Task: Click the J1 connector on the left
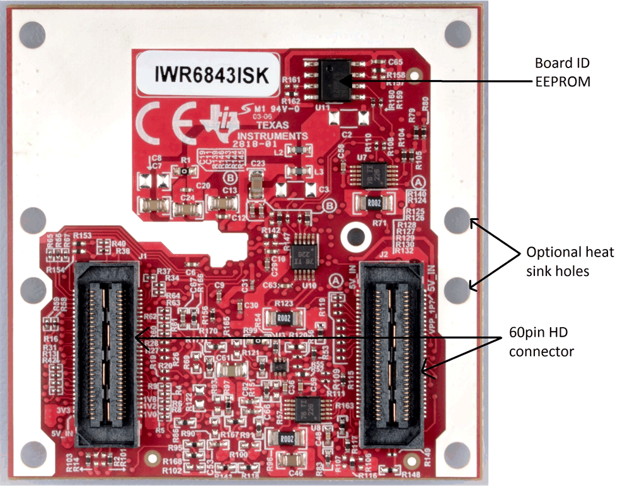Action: pos(105,354)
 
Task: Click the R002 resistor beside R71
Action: pos(375,203)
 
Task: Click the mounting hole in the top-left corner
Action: pos(33,32)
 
